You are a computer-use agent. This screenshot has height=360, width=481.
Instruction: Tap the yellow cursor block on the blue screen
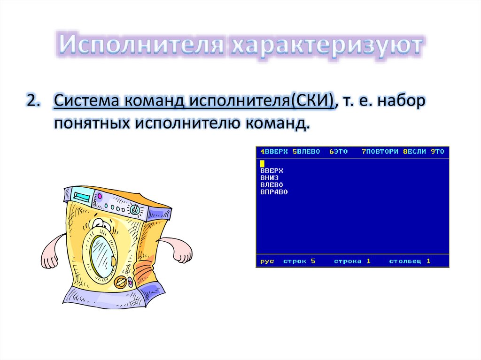tap(262, 163)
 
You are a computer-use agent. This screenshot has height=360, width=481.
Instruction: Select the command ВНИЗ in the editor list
tap(269, 178)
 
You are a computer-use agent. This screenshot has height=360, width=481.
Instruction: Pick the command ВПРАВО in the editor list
tap(274, 192)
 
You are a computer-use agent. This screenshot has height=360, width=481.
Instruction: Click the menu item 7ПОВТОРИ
tap(380, 152)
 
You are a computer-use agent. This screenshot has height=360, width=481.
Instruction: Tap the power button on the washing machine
tap(135, 210)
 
